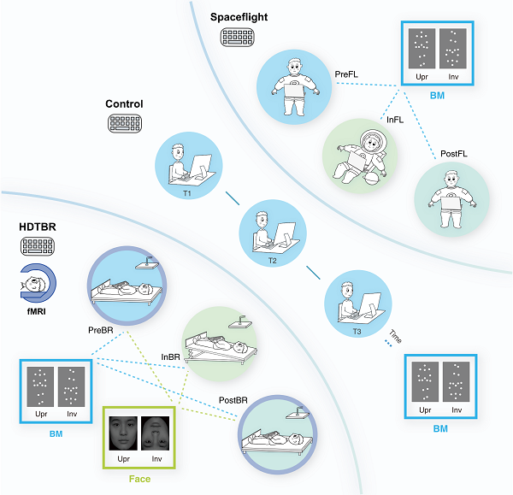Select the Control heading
point(124,104)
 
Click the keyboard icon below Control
point(124,123)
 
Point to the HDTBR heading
point(36,227)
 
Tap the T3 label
point(357,329)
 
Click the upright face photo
point(121,434)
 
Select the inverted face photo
point(156,434)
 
